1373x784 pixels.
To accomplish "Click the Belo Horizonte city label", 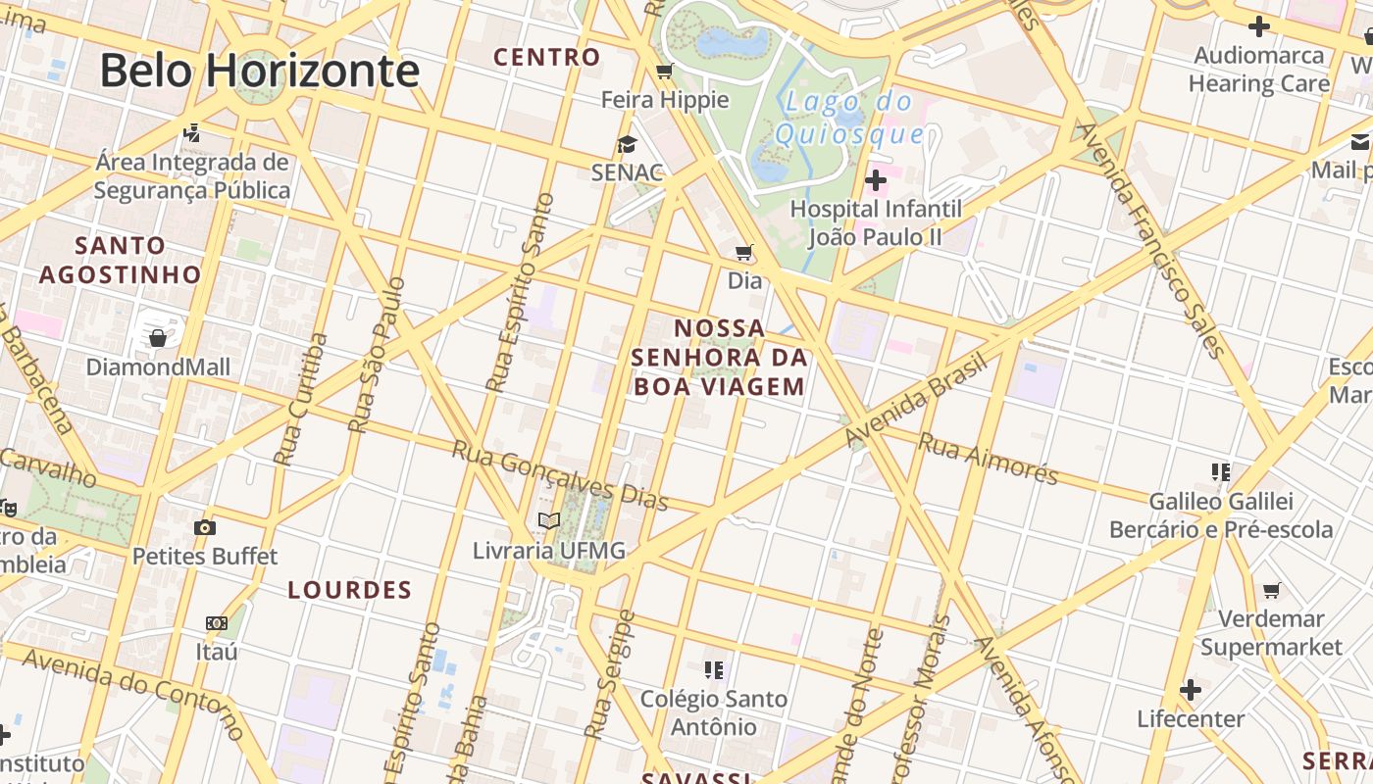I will click(x=260, y=72).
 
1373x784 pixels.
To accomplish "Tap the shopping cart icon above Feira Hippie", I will click(x=665, y=71).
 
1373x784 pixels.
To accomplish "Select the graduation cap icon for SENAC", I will click(x=626, y=145).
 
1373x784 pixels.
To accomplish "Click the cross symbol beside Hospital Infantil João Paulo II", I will click(x=876, y=180).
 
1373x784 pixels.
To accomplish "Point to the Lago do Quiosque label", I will click(x=849, y=118).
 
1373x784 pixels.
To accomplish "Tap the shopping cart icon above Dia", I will click(x=744, y=253).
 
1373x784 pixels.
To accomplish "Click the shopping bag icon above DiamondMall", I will click(x=158, y=338).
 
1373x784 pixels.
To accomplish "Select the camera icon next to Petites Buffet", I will click(x=205, y=528).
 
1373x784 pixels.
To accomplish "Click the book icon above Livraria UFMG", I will click(x=549, y=521).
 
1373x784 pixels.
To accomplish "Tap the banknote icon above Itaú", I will click(x=217, y=623).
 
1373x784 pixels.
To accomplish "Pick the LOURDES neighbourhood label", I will click(x=350, y=590).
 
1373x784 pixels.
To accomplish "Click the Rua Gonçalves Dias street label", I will click(x=560, y=475).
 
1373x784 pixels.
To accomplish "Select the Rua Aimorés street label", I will click(x=988, y=459).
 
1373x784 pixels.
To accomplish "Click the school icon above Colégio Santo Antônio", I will click(x=714, y=670).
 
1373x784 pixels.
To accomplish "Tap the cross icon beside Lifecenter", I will click(x=1191, y=690).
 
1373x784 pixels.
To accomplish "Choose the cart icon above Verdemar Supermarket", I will click(x=1272, y=590).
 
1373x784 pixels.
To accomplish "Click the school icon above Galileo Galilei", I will click(x=1221, y=472).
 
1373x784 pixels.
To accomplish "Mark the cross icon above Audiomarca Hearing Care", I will click(x=1259, y=27).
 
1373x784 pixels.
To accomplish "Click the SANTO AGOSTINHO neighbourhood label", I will click(x=120, y=260).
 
